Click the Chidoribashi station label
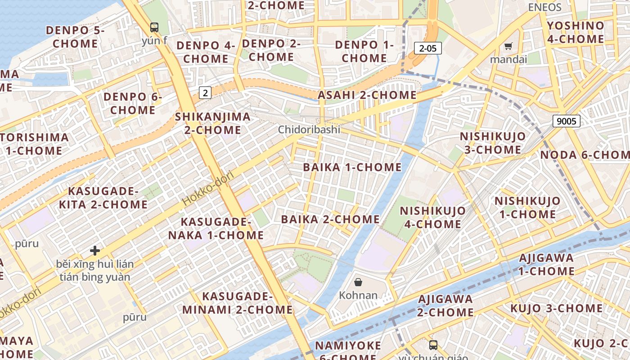[x=309, y=130]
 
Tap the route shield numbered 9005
[x=566, y=121]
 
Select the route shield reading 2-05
[x=427, y=48]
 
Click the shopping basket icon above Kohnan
[x=358, y=282]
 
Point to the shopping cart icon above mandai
[x=508, y=46]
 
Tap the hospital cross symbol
[x=95, y=250]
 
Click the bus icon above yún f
[x=154, y=27]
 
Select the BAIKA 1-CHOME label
[x=352, y=167]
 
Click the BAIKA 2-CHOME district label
[x=330, y=220]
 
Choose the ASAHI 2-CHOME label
[x=367, y=95]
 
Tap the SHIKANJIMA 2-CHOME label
[x=213, y=123]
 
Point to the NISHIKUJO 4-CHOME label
[x=433, y=217]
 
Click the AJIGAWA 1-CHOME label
[x=546, y=265]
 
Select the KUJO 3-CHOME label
[x=556, y=309]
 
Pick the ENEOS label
[x=544, y=7]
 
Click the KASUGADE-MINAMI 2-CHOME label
[x=238, y=303]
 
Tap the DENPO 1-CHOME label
[x=364, y=51]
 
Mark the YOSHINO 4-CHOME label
[x=576, y=32]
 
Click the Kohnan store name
[x=358, y=296]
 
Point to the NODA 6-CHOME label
[x=585, y=155]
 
